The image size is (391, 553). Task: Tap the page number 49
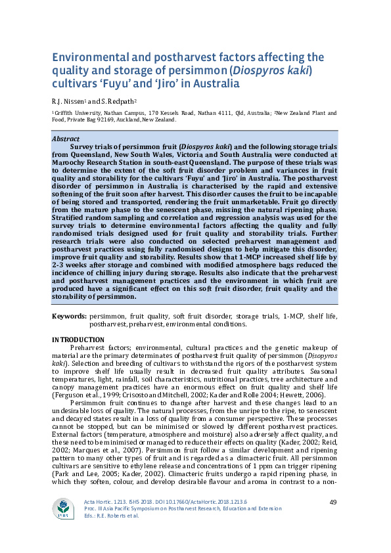point(333,502)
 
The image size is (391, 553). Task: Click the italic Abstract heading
point(66,139)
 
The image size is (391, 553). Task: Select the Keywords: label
point(69,317)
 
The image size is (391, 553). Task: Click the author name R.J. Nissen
point(68,102)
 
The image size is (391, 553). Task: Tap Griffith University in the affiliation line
point(80,114)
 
